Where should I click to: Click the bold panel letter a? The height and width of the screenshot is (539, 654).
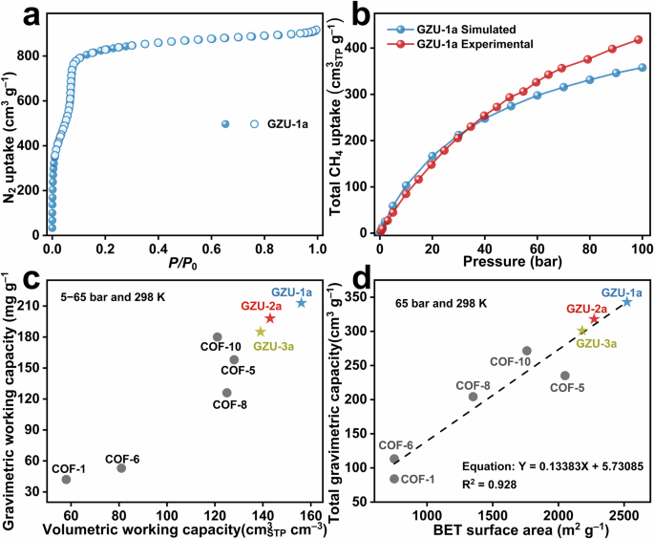pos(14,16)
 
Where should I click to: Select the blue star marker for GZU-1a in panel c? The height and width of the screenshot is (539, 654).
pos(302,303)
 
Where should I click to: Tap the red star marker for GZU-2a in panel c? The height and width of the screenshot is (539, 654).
pos(270,318)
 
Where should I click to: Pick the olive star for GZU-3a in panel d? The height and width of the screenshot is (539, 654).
pos(582,331)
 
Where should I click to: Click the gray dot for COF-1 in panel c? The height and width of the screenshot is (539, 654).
pos(66,479)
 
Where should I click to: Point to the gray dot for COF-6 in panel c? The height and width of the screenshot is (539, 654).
pos(121,467)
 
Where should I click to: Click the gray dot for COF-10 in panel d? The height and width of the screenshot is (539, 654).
pos(527,351)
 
